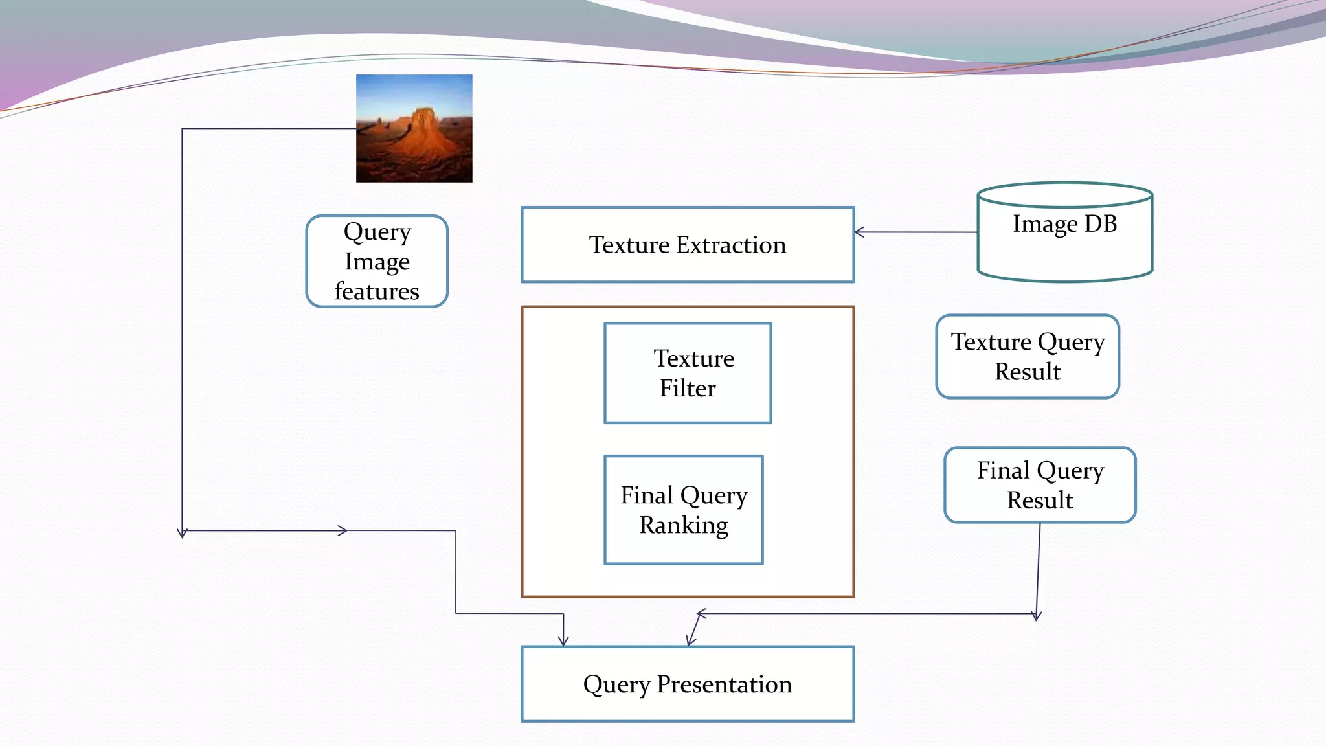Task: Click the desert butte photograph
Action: [414, 128]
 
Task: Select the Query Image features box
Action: [377, 261]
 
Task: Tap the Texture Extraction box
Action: [688, 245]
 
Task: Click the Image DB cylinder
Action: [1064, 233]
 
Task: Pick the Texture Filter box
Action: [688, 373]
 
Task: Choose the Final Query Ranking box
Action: [684, 510]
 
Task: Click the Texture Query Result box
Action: [1028, 357]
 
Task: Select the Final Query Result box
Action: [1040, 485]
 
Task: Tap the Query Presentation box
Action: [688, 684]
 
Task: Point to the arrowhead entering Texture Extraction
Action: [859, 232]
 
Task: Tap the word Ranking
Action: [684, 525]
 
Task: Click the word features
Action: [377, 291]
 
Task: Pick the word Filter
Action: [688, 389]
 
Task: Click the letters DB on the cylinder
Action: [1101, 224]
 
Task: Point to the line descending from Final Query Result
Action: [1039, 570]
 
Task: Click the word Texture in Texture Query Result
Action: [991, 342]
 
